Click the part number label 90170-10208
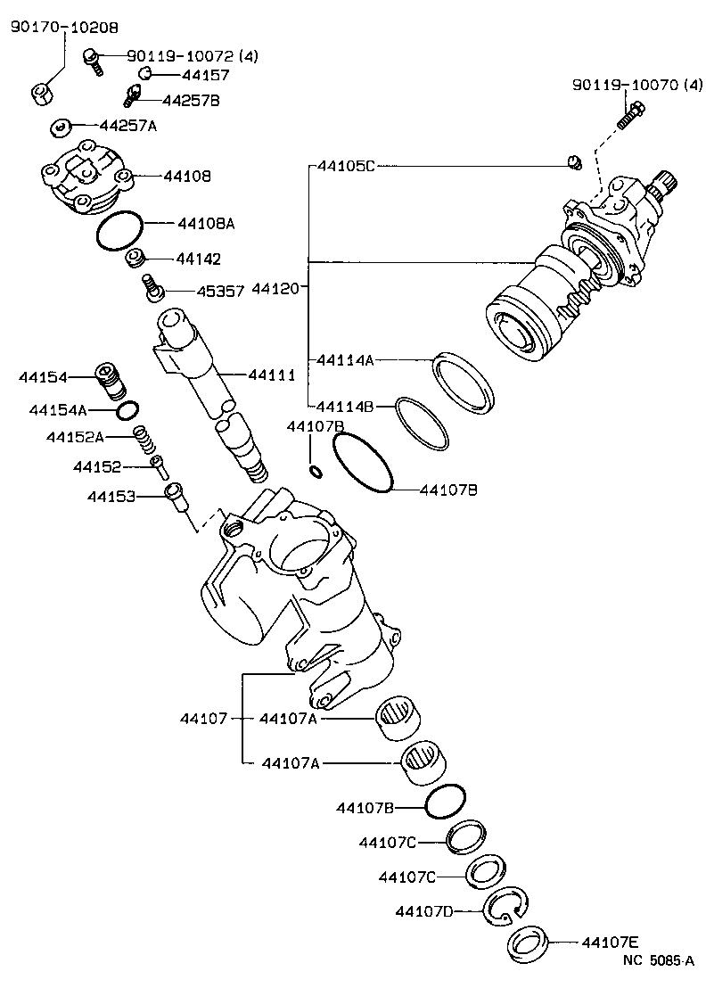63,28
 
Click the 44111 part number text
271,375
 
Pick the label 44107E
611,941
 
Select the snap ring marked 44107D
505,908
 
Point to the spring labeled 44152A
140,436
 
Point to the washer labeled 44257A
61,125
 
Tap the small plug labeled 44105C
573,161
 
